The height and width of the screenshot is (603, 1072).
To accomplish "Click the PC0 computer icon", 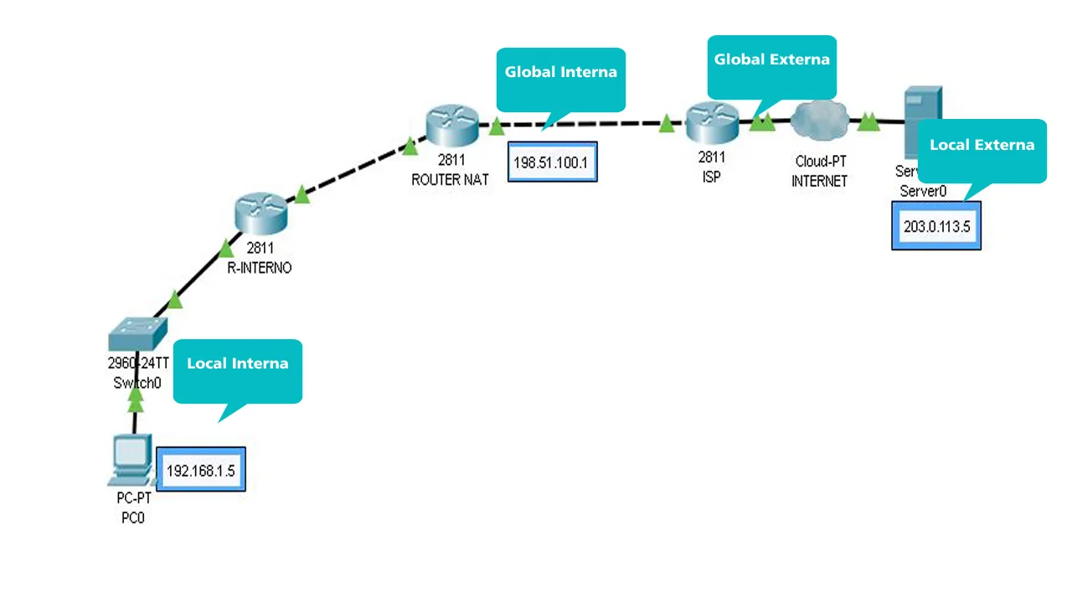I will [131, 460].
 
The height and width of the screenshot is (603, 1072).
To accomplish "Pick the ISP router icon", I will [712, 123].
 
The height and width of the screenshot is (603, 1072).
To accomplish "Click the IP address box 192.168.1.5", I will [201, 470].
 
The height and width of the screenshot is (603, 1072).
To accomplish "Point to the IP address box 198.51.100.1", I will [552, 162].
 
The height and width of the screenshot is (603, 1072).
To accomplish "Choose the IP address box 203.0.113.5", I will [936, 225].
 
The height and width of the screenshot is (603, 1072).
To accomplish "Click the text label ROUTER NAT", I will [450, 179].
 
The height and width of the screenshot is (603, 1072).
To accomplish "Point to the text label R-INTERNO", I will [260, 268].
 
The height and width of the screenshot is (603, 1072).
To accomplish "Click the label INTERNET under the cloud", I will [819, 181].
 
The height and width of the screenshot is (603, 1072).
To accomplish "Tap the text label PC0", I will [133, 518].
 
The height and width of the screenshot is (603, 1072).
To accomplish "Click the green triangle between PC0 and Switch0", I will [135, 403].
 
